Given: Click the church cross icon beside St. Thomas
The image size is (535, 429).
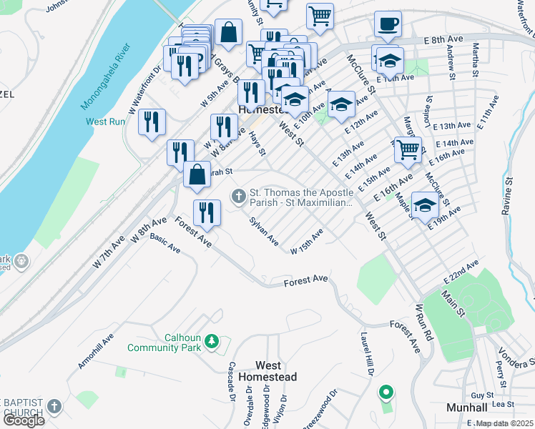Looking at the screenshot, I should click(238, 195).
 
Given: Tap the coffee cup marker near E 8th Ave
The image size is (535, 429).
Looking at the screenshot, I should click(388, 24).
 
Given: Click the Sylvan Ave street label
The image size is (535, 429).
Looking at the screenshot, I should click(263, 232).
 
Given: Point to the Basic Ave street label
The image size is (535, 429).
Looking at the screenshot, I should click(165, 244).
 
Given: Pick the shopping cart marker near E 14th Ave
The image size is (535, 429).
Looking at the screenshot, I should click(408, 150).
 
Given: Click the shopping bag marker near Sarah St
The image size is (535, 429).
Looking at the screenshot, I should click(197, 174).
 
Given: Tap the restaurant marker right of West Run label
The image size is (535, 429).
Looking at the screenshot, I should click(152, 122).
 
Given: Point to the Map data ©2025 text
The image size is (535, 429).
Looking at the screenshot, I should click(504, 423).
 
